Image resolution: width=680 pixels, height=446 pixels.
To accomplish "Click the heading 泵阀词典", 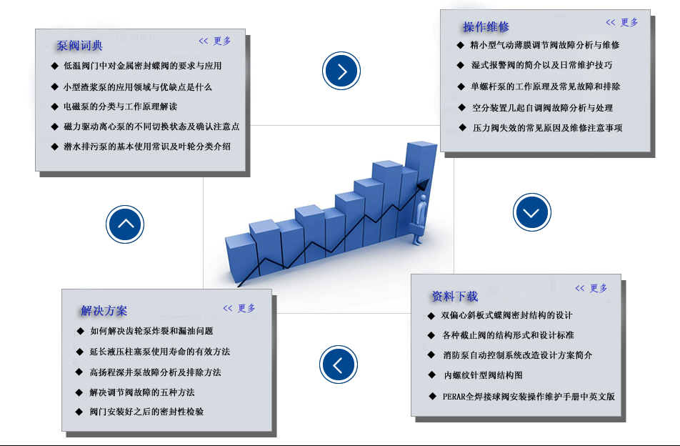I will [x=79, y=46].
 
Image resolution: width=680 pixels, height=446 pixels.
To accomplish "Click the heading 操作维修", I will [x=486, y=27].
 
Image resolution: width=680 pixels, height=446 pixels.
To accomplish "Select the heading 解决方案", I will [x=104, y=311].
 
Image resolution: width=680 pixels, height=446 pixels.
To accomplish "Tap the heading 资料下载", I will [x=454, y=296].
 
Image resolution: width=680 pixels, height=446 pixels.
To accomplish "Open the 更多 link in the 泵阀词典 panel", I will [x=215, y=41].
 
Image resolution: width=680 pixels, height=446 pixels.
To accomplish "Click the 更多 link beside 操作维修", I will [x=622, y=22].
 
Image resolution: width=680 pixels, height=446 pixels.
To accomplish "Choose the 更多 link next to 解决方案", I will [x=239, y=308].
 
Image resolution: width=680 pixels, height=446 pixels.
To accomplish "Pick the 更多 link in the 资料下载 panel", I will [x=591, y=288].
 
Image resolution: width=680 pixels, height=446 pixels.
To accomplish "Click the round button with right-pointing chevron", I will [x=341, y=71].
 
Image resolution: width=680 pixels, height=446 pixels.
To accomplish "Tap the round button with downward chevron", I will [x=531, y=212].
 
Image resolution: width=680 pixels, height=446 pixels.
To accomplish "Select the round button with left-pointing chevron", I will [x=339, y=364].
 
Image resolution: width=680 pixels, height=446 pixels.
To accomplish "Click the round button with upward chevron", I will [x=126, y=224].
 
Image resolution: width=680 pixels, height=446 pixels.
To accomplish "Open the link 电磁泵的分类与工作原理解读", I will [x=120, y=106].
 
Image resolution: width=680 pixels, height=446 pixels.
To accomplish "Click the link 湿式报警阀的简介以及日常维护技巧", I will [x=541, y=65].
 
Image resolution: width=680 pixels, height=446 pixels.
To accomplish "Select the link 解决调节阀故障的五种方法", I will [x=142, y=392].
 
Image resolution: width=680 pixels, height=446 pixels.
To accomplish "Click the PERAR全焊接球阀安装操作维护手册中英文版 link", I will [x=529, y=396].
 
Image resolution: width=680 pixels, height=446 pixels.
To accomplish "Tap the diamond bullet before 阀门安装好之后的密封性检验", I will [x=79, y=412].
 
